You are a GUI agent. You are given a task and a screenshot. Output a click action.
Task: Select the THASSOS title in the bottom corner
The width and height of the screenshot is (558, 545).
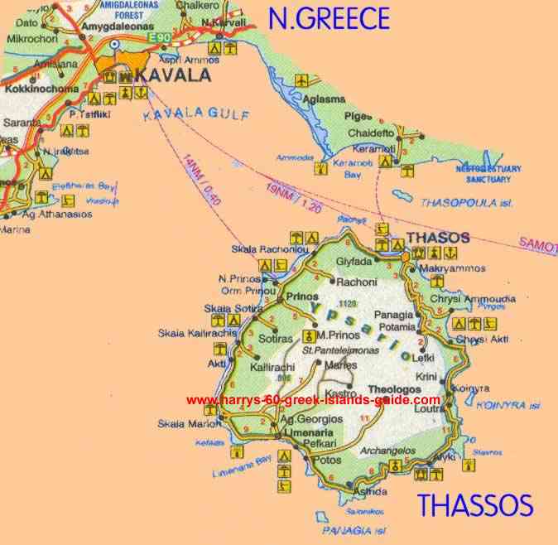[474, 504]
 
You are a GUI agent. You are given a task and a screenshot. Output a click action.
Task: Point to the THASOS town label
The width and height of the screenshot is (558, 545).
[439, 238]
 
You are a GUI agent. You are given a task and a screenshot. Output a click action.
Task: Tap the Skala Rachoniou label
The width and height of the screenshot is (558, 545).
[270, 250]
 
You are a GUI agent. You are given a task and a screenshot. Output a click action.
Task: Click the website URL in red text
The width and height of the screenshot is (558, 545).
[313, 400]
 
